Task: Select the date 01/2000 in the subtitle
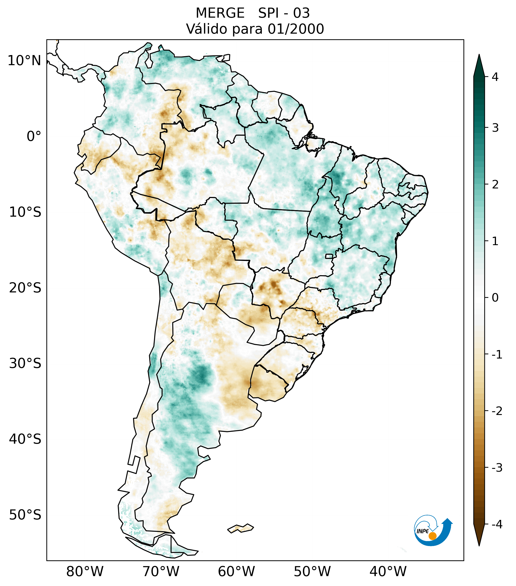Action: [296, 29]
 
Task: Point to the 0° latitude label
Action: [34, 136]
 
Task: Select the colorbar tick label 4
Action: [495, 77]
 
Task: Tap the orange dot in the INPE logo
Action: [432, 536]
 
